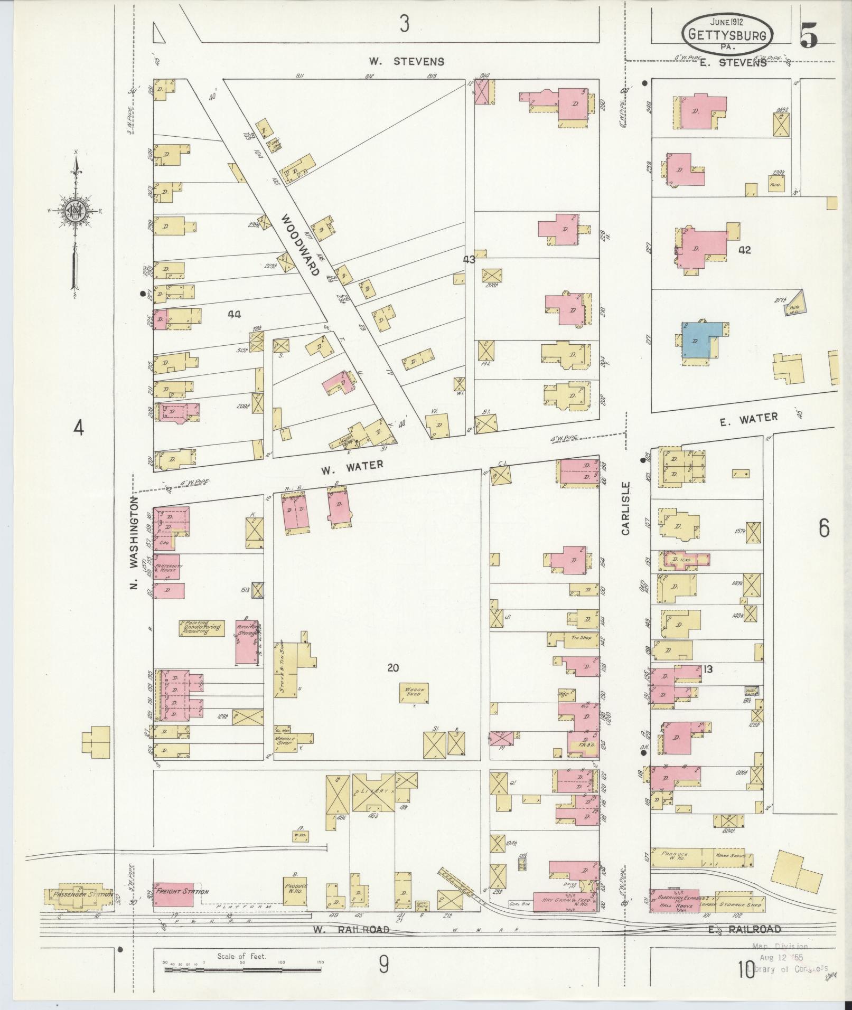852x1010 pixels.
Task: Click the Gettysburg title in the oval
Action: [x=728, y=34]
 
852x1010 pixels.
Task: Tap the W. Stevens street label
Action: [x=406, y=61]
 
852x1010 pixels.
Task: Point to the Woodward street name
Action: [x=300, y=245]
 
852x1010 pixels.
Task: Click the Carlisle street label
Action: [x=626, y=508]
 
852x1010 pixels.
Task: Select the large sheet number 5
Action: [x=809, y=36]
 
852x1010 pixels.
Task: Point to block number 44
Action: [x=235, y=314]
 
